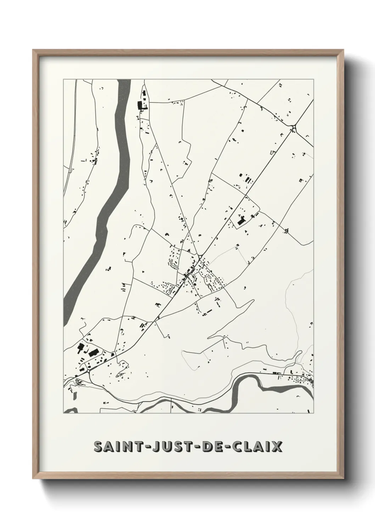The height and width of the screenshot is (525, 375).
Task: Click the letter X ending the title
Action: pos(277,446)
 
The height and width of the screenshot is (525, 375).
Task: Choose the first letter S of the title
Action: pos(98,446)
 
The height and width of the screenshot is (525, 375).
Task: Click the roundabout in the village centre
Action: pos(200,257)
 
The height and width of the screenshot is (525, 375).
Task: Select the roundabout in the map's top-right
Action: pos(294,127)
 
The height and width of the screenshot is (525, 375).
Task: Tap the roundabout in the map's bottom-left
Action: pos(88,371)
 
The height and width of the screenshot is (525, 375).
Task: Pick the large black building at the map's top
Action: pos(139,105)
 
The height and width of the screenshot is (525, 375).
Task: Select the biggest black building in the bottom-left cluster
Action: pos(94,353)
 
